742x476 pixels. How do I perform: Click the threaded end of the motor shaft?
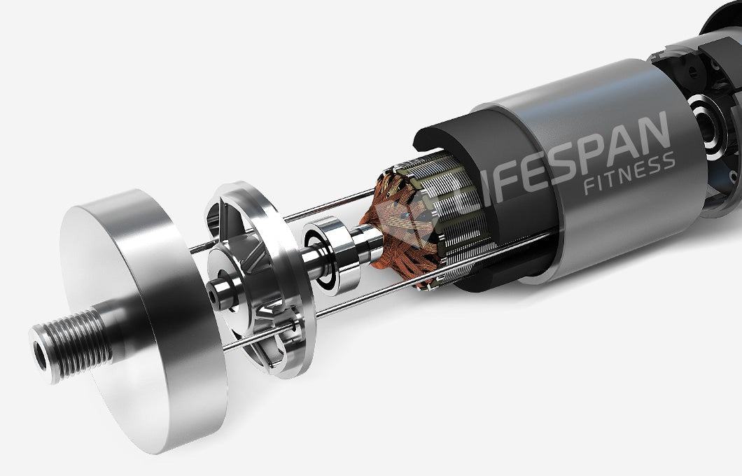[71, 344]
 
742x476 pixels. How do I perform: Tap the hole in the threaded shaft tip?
[41, 355]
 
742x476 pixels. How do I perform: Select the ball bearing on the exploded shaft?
[329, 255]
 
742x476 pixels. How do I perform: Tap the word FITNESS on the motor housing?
[629, 174]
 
